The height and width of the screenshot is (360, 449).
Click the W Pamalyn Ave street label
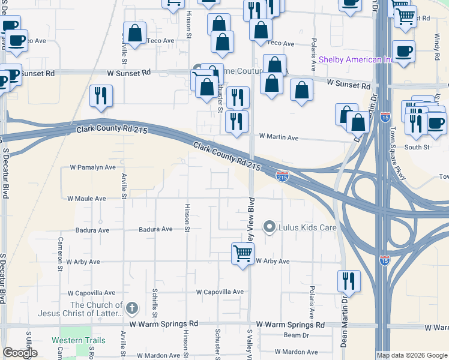(92, 167)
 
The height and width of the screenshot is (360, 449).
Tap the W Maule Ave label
(86, 198)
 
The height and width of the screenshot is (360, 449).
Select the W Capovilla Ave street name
(220, 292)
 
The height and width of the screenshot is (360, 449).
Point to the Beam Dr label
(296, 335)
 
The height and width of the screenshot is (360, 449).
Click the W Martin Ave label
(279, 137)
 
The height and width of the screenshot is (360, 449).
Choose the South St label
(417, 147)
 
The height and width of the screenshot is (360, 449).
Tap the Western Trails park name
(78, 340)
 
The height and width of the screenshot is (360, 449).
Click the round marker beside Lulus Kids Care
(270, 227)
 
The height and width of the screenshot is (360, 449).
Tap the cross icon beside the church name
(133, 309)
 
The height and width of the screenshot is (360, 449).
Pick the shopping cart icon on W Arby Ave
(243, 253)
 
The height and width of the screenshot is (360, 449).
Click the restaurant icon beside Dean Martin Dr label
(348, 280)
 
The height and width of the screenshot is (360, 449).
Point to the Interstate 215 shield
(282, 176)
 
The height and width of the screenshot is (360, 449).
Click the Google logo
(20, 353)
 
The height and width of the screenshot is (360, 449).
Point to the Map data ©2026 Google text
(412, 355)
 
